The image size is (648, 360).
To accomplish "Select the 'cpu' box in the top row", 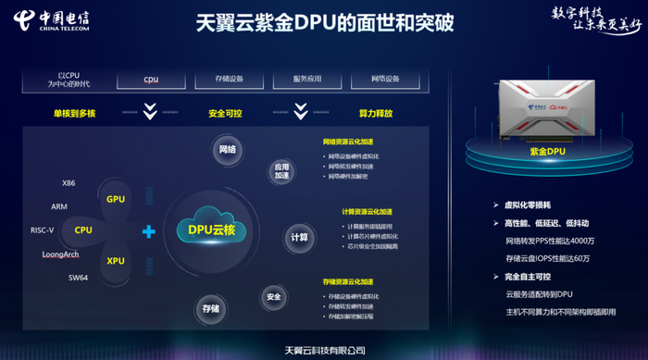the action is (x=151, y=80).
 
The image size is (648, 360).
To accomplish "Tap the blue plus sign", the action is (x=148, y=231).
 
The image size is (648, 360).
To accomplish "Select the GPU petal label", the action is (x=115, y=199).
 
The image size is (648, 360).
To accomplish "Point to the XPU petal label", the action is (x=115, y=261).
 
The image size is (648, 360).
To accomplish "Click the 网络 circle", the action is (x=227, y=150).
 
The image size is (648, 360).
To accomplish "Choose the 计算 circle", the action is (x=299, y=237).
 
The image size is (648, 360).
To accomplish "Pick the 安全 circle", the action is (x=273, y=297).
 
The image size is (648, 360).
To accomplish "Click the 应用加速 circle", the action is (x=281, y=171).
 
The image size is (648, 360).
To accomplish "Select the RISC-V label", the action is (x=43, y=230).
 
